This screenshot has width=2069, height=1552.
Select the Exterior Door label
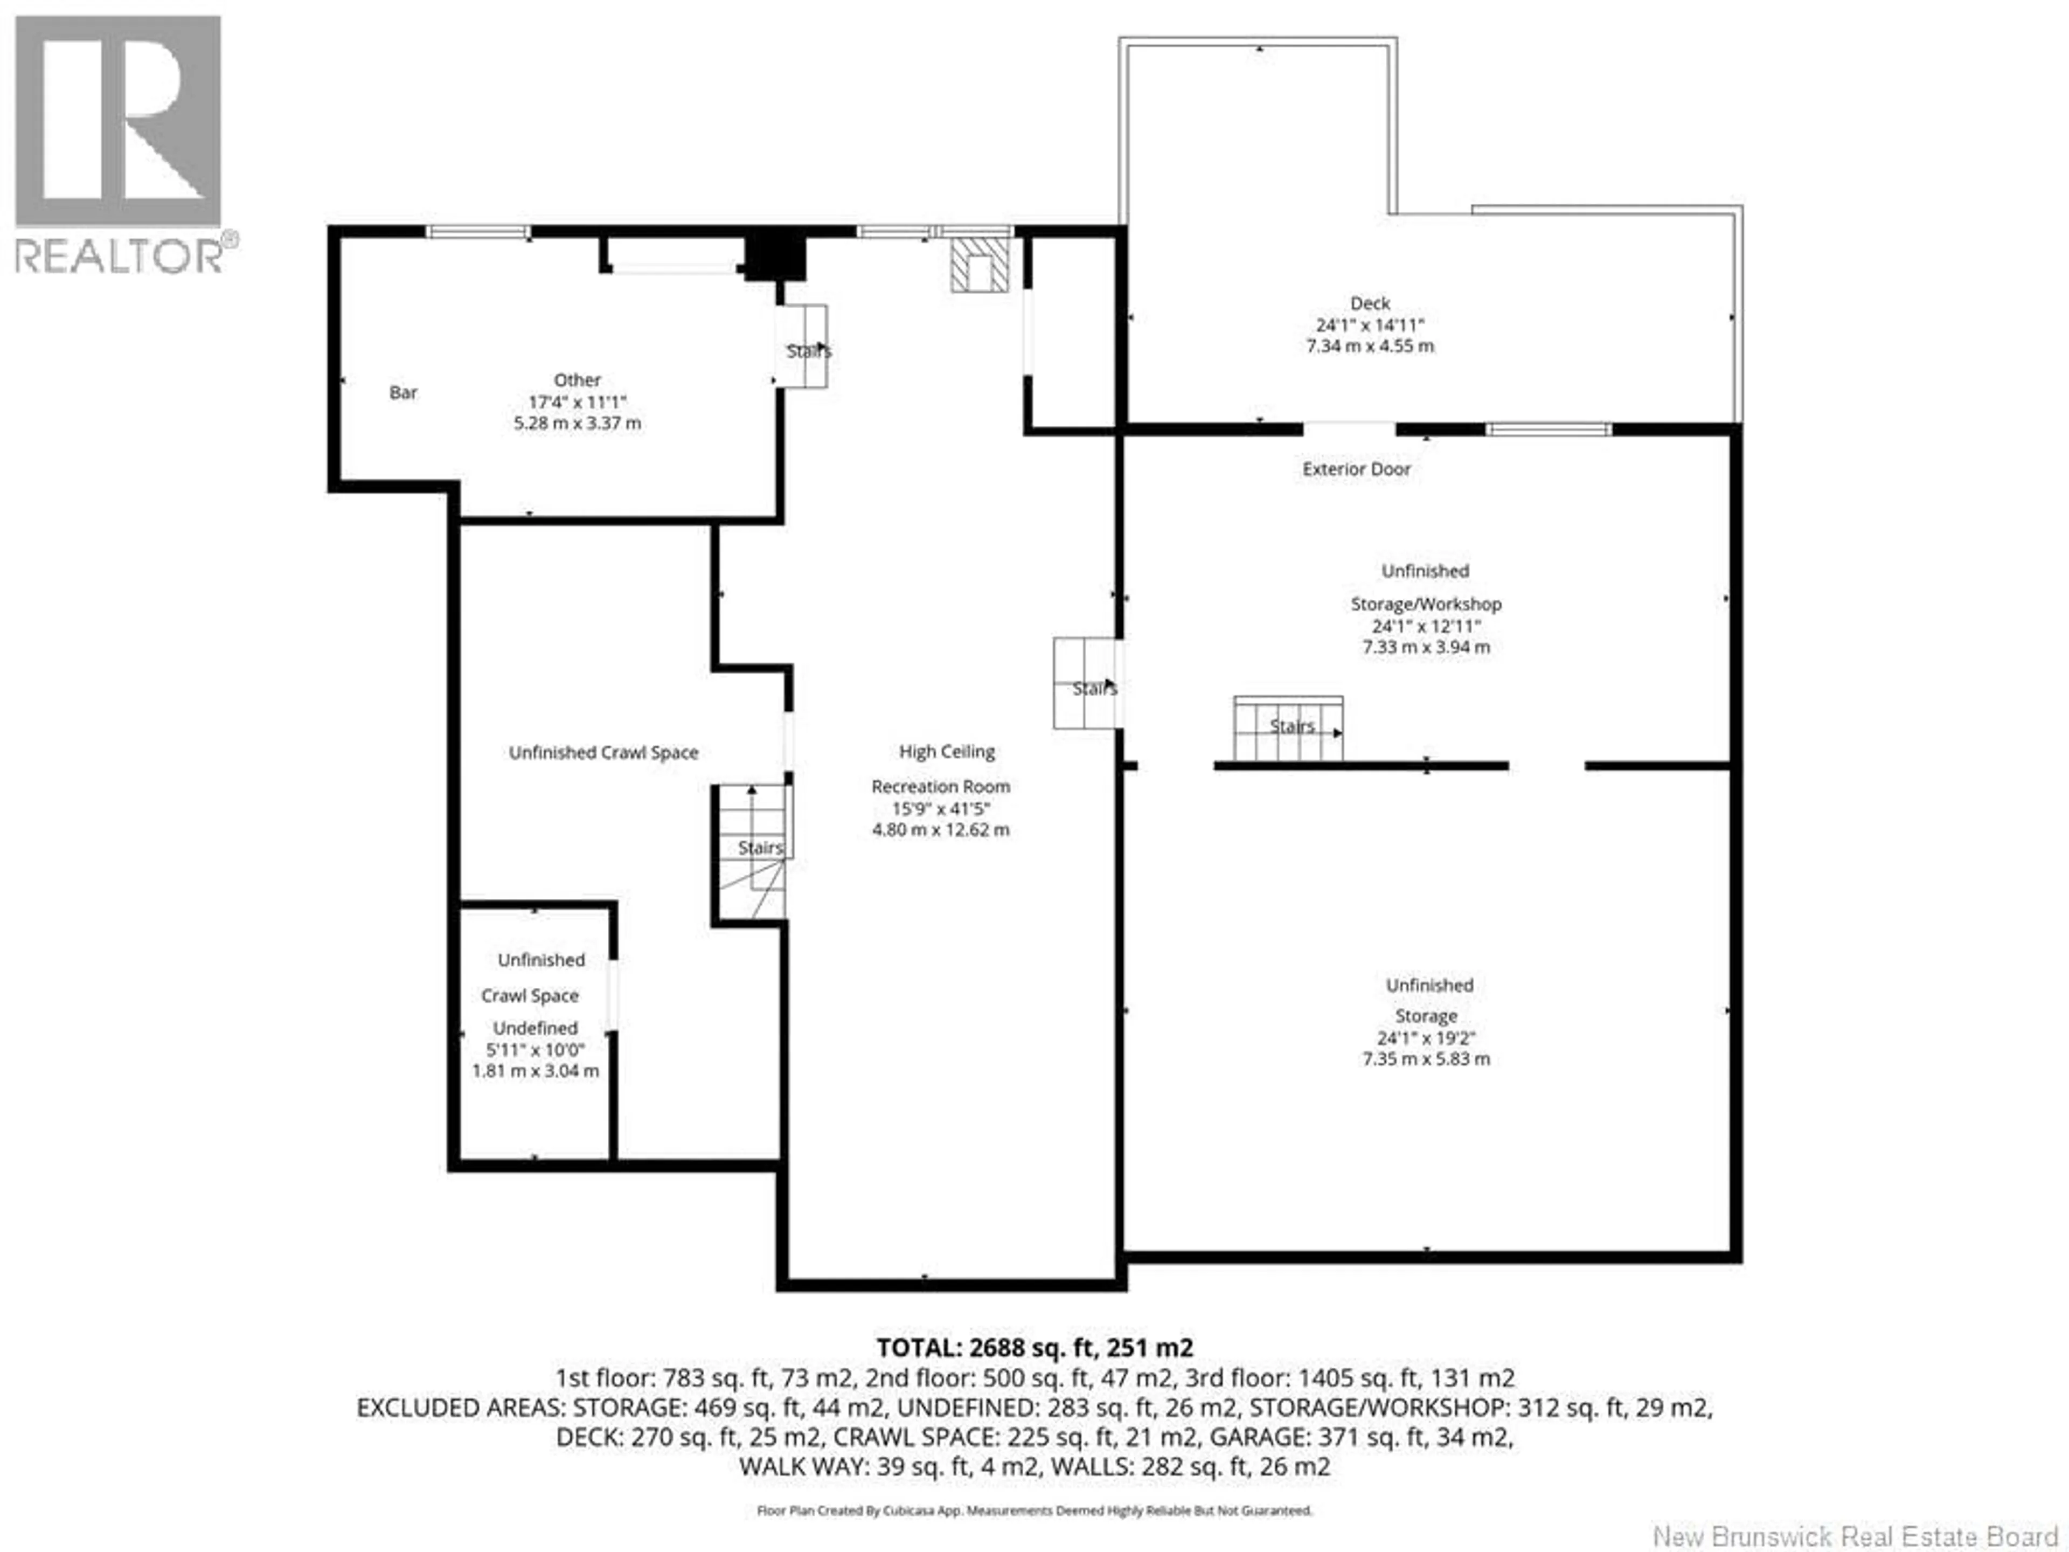pos(1356,469)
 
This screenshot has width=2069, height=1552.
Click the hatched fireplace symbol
pos(980,265)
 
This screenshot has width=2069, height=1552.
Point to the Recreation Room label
pos(940,787)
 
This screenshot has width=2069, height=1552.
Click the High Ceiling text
pos(947,751)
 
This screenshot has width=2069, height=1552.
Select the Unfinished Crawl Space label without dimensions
pos(603,752)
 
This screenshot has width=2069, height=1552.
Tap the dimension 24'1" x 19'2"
pos(1426,1037)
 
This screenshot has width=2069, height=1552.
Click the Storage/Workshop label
pos(1426,604)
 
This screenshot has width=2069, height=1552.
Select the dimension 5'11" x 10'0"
pos(535,1050)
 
